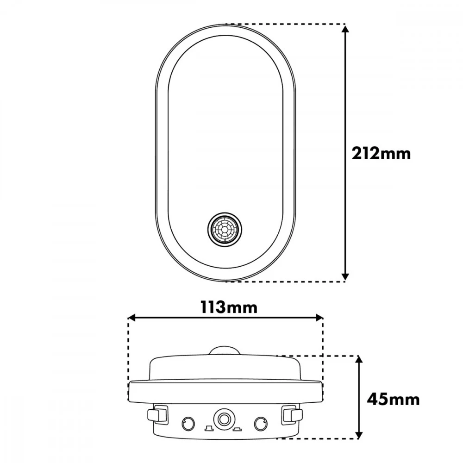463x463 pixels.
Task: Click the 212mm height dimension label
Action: click(x=381, y=154)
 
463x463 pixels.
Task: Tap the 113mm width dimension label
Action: click(x=229, y=307)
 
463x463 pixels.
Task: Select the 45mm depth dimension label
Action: click(x=393, y=400)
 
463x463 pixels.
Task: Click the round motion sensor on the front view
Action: click(x=225, y=229)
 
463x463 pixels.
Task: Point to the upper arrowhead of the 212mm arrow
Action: click(x=345, y=30)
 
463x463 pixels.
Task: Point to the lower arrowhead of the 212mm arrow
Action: click(x=345, y=276)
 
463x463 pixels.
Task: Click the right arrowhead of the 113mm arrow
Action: click(x=319, y=318)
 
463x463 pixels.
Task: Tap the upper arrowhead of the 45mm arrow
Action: click(x=359, y=361)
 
